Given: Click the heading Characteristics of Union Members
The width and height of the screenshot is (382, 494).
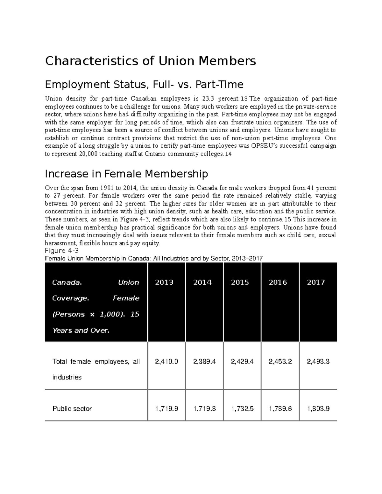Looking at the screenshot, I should (x=150, y=61).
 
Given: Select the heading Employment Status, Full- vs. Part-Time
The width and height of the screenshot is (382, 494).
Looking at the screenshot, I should (x=144, y=85).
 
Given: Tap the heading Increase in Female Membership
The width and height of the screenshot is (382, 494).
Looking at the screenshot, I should (x=126, y=174).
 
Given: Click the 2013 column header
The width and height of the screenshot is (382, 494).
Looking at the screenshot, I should (x=164, y=282).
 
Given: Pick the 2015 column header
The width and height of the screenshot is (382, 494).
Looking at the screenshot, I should (x=240, y=282).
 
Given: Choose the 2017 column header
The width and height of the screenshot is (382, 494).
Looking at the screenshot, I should (x=315, y=282).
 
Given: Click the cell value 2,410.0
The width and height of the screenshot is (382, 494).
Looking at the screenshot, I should (x=166, y=362).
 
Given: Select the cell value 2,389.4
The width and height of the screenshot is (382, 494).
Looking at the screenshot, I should (x=204, y=362).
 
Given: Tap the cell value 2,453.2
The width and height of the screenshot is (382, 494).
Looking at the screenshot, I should (x=280, y=362).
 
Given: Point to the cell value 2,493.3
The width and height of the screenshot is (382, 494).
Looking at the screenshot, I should (x=318, y=362).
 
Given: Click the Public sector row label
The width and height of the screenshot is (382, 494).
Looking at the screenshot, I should (x=72, y=409).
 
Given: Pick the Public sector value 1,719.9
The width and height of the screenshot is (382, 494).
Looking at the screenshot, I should (x=166, y=409).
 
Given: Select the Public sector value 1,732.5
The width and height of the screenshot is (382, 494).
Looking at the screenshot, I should (x=242, y=409).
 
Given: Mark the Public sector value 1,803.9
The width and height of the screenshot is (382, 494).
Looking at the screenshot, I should (x=318, y=409).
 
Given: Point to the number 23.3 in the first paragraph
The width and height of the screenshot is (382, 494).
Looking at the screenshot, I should (x=204, y=99).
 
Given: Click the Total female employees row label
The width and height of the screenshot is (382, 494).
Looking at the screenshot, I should (x=96, y=362).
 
